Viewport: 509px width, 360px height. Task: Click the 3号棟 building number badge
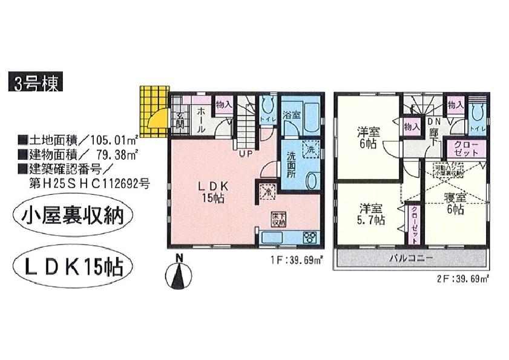point(34,83)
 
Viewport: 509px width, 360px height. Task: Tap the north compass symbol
point(179,275)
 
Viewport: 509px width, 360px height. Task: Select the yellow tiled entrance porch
point(155,111)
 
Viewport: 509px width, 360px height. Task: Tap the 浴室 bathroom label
point(291,114)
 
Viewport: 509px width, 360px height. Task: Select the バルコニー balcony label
point(411,259)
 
